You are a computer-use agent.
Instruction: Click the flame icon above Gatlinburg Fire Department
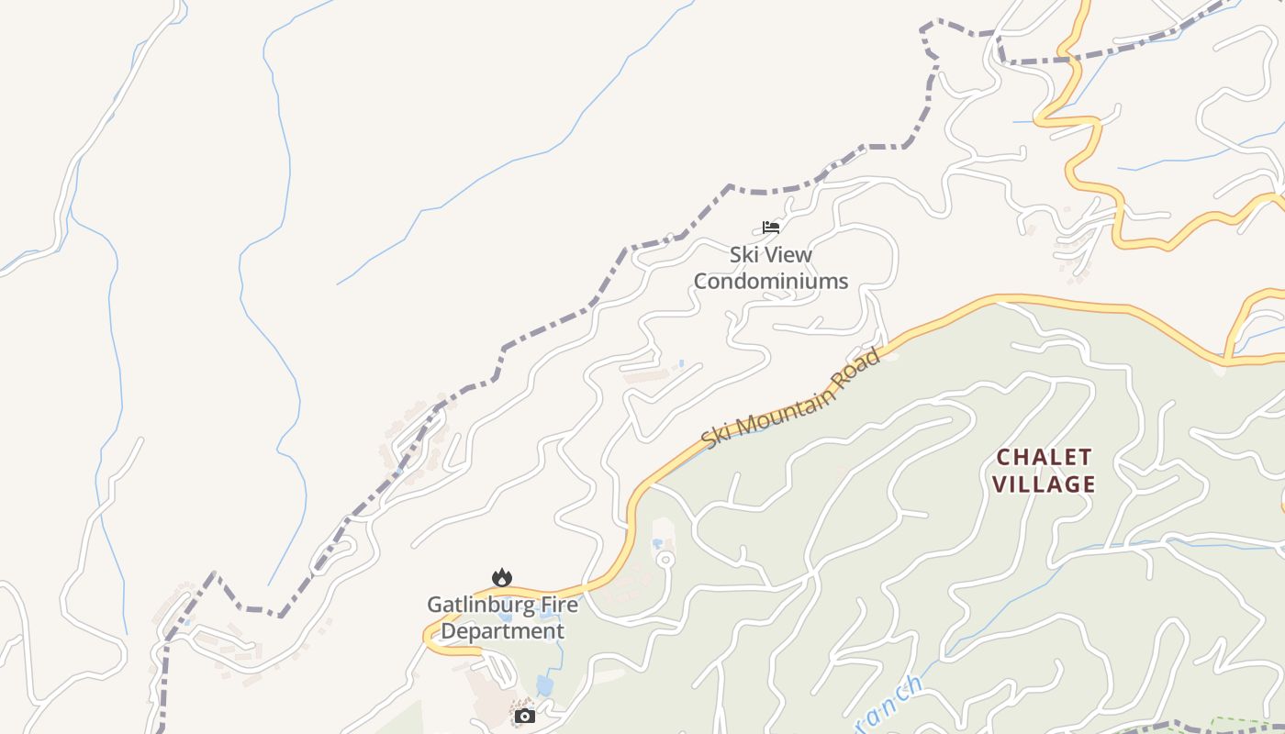click(501, 577)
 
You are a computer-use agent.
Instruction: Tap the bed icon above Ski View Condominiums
click(771, 227)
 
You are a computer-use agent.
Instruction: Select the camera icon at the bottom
click(525, 716)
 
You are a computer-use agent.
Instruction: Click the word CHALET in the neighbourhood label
click(1045, 457)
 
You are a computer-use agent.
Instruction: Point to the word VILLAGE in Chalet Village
click(1045, 484)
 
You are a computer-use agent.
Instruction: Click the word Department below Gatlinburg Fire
click(503, 631)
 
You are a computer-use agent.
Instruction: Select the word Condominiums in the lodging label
click(771, 281)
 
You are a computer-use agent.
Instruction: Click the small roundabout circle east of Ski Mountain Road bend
click(666, 559)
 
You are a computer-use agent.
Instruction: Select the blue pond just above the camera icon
click(545, 685)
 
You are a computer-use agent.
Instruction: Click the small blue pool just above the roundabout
click(657, 543)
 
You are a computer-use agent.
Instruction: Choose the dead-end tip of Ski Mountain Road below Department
click(478, 651)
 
